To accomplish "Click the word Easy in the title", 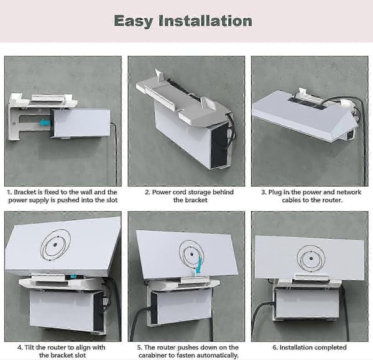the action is tap(134, 21).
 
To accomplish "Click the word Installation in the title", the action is tap(205, 21).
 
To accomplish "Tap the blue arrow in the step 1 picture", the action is tap(45, 122).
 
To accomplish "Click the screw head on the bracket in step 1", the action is tap(14, 124).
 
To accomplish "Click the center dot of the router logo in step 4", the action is tap(55, 244).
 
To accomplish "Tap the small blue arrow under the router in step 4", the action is tap(73, 277).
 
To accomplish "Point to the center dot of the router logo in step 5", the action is tap(191, 255).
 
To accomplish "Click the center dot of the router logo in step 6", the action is tap(311, 259).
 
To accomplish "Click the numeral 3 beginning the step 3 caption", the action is tap(263, 192).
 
